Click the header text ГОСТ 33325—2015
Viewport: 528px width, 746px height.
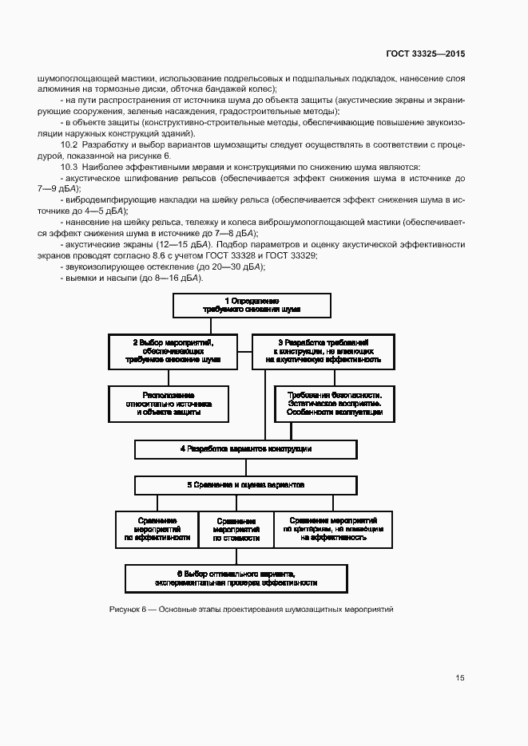(426, 53)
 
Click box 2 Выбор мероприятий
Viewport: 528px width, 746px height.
(172, 351)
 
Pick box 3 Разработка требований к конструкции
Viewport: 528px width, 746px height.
(323, 351)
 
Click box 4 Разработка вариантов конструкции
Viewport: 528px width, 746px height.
(245, 449)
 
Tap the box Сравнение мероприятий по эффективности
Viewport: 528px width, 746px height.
(157, 529)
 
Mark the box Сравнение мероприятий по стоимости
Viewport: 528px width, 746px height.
(236, 529)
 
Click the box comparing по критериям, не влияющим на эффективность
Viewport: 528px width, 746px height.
(334, 529)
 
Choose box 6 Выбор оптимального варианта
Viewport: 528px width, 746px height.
(236, 578)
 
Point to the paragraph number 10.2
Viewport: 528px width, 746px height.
(69, 144)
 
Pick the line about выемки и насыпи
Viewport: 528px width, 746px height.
(133, 277)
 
